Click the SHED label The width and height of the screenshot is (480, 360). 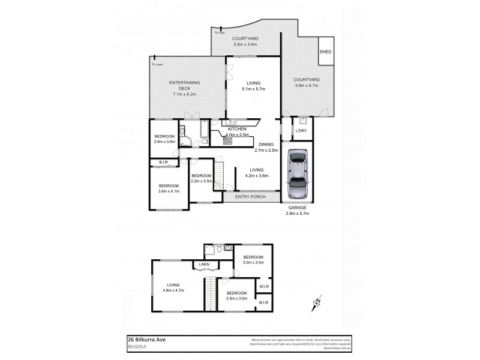(325, 52)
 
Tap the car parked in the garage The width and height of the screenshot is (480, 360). (297, 175)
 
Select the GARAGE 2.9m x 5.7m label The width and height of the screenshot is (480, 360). (297, 210)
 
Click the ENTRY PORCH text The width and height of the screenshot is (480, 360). (250, 197)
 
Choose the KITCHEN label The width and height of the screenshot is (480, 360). (237, 129)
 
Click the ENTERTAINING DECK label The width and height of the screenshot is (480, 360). (184, 88)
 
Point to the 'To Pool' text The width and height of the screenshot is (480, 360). (220, 32)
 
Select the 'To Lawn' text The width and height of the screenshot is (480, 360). (157, 64)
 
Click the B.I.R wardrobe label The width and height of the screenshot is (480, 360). (163, 163)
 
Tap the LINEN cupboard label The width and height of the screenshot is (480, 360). (204, 264)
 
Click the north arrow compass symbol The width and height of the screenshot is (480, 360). (316, 305)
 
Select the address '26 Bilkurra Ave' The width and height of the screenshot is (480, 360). (148, 339)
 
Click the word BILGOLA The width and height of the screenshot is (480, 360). (139, 346)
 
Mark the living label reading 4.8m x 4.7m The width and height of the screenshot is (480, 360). (173, 287)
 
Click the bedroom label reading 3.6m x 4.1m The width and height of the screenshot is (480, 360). (169, 188)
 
